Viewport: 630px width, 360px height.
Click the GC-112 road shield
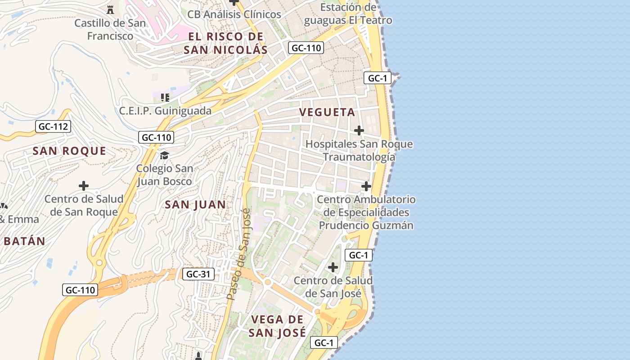[53, 126]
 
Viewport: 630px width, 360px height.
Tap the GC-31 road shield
[198, 274]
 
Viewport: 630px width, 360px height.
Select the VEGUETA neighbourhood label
[327, 112]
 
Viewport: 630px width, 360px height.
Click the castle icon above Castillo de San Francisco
[110, 9]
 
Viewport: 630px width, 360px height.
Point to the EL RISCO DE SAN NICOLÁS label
[225, 43]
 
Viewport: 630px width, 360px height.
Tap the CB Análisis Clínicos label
[234, 14]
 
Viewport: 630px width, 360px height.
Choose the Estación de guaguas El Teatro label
[348, 14]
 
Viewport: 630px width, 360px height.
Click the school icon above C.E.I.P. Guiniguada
[165, 97]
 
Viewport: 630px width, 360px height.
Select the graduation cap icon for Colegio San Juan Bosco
[164, 155]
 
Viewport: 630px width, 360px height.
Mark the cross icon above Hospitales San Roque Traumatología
[359, 130]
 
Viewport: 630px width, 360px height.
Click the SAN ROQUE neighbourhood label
[69, 151]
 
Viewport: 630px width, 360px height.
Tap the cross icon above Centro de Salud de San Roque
[83, 185]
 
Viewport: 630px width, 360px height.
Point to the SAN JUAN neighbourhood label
[195, 205]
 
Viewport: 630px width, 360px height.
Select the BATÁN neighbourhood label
[24, 241]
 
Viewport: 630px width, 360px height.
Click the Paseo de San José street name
[239, 254]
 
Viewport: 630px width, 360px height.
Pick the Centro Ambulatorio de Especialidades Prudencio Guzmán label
[366, 212]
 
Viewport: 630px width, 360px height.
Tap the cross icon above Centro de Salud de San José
[333, 267]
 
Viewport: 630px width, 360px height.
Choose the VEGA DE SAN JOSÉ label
[277, 326]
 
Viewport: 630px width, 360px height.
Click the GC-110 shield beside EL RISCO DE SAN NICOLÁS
[306, 47]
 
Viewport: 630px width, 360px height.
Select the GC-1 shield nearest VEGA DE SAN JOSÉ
[324, 342]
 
